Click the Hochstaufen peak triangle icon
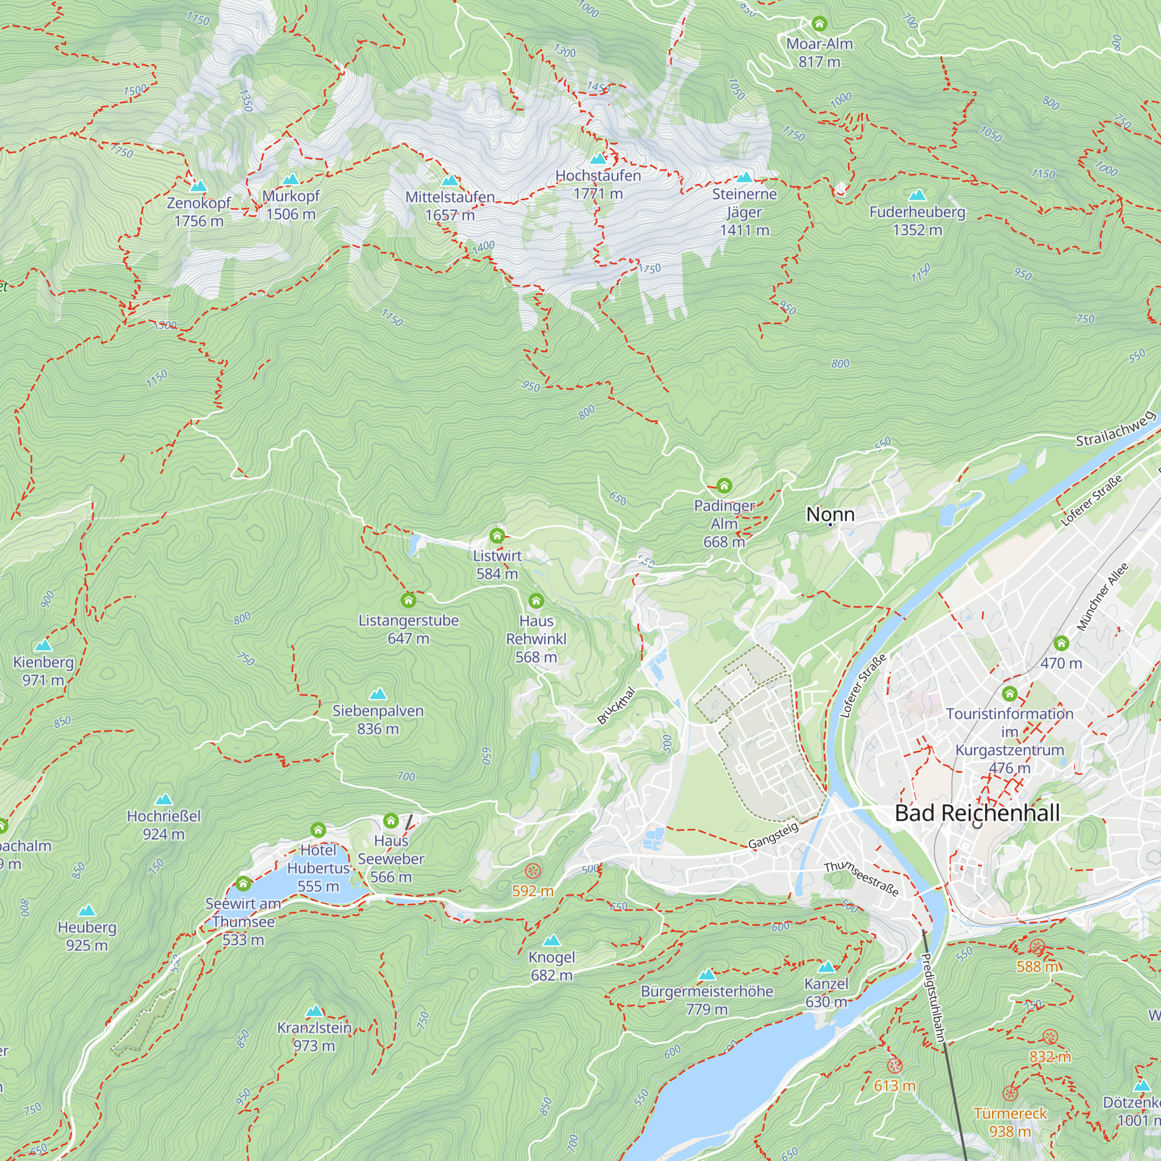(x=598, y=159)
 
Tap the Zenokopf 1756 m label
(x=199, y=211)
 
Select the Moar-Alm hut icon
(x=819, y=24)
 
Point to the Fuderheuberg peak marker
(x=917, y=194)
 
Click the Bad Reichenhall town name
(x=977, y=813)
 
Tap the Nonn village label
(x=830, y=514)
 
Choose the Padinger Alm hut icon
(x=724, y=485)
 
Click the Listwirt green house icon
(x=497, y=535)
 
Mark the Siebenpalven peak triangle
(x=378, y=695)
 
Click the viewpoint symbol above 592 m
(x=533, y=871)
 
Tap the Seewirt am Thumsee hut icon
(x=243, y=884)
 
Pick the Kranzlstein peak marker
(x=315, y=1011)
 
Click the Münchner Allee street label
(x=1102, y=597)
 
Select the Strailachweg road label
(x=1115, y=429)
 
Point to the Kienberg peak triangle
(x=44, y=646)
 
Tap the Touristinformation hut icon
(x=1009, y=694)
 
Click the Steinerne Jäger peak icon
(x=744, y=176)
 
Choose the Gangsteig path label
(x=773, y=835)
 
